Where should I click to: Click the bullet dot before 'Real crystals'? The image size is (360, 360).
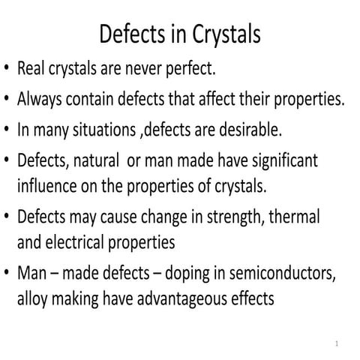pos(7,70)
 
